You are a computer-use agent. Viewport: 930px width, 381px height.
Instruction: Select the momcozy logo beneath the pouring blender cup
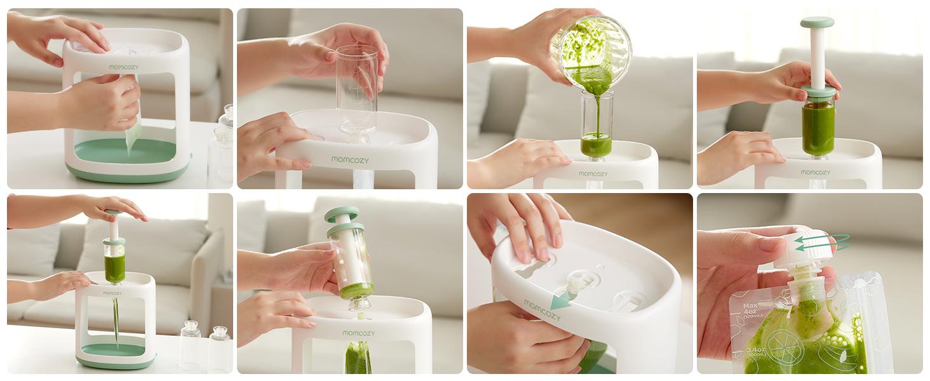coord(593,173)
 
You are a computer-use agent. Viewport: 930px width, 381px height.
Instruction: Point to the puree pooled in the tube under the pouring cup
coord(596,144)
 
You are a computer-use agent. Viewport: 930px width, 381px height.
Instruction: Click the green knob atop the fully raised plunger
coord(817,23)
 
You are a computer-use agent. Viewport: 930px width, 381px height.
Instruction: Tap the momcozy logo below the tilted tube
coord(358,333)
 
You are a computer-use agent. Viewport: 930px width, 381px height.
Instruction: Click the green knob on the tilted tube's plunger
coord(342,214)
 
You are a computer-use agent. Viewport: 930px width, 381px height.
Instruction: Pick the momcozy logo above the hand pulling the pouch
coord(123,67)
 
